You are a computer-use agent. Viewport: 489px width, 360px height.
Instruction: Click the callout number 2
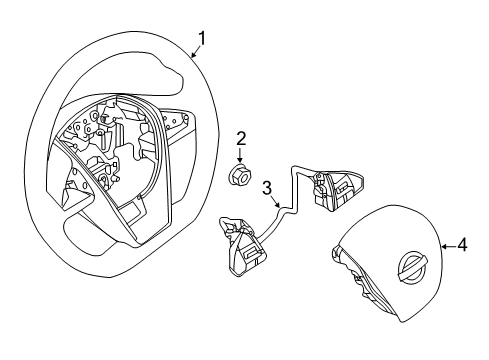(240, 138)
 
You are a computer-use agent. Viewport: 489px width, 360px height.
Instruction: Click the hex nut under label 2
(240, 177)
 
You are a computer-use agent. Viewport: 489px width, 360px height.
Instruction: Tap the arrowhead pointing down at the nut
(240, 160)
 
